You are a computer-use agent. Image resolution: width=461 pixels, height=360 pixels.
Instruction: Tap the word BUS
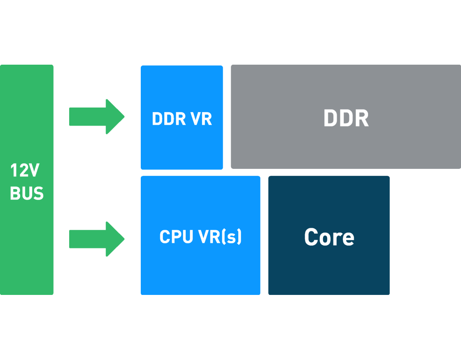click(27, 193)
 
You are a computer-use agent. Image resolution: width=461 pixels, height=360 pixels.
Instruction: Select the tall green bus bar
click(26, 247)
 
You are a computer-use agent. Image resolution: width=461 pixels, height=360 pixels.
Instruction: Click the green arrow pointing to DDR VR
click(96, 117)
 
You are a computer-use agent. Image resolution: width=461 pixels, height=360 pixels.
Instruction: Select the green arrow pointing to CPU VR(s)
click(96, 239)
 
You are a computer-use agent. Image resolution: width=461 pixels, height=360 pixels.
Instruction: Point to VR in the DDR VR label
click(201, 119)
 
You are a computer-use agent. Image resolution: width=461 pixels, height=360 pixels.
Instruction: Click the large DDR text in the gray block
click(346, 118)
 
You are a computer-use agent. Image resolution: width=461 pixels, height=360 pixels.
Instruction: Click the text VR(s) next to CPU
click(220, 237)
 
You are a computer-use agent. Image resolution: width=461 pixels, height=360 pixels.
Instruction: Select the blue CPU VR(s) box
click(200, 272)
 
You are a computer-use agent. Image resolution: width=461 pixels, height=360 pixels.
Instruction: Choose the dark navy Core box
click(328, 272)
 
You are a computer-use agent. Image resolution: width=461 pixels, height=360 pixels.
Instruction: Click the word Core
click(329, 237)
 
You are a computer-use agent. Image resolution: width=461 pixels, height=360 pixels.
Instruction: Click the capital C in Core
click(311, 237)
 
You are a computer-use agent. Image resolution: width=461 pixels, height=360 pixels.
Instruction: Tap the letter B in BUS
click(16, 193)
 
